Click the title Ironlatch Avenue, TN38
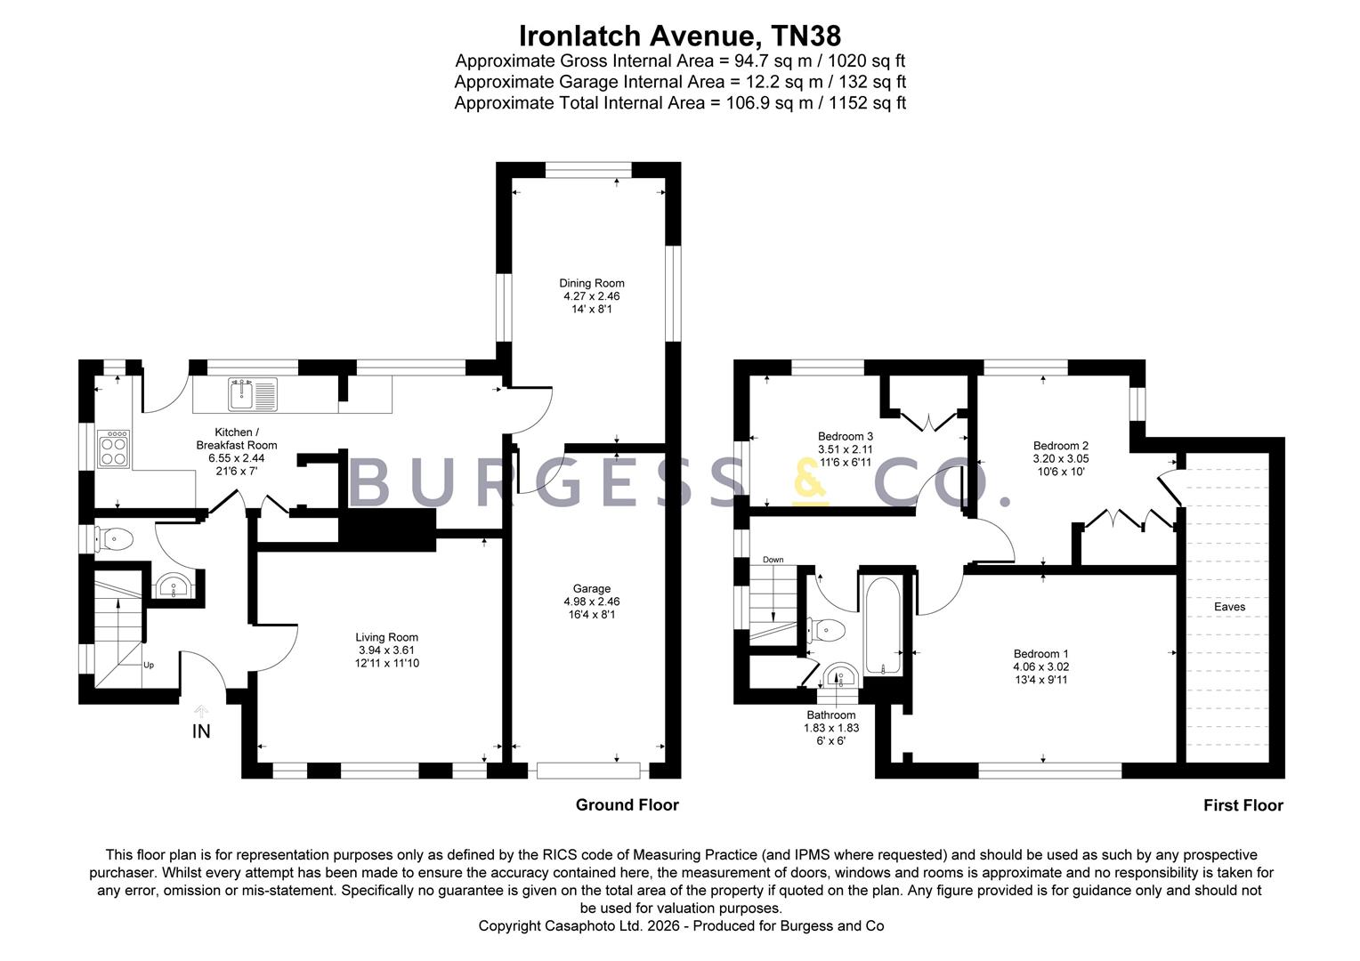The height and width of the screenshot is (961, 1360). pos(680,36)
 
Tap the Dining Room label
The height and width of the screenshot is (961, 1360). pos(591,283)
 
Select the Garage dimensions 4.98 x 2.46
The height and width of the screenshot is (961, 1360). pos(591,602)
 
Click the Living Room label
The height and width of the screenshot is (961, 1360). pos(387,637)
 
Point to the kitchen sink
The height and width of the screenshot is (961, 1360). pos(253,394)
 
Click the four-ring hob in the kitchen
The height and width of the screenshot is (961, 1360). pos(114,448)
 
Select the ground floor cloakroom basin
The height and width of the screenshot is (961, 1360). pos(174,586)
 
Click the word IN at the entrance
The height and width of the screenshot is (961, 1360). pos(201,731)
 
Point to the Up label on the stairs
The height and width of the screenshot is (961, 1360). pos(149,666)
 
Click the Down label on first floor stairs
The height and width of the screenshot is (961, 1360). pos(773,560)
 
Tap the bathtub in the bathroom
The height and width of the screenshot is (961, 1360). pos(882,626)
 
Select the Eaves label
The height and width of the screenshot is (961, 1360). pos(1229,607)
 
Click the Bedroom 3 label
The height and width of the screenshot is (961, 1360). pos(846,437)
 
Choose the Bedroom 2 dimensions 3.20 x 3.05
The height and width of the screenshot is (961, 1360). pos(1061,459)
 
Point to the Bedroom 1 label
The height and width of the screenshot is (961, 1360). pos(1040,654)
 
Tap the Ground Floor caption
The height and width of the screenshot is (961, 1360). pos(627,805)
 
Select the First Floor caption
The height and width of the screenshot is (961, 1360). pos(1243,805)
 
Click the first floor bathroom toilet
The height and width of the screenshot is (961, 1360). pos(826,631)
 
